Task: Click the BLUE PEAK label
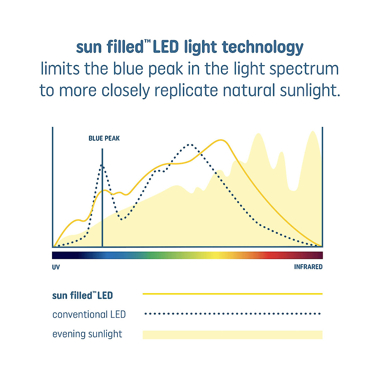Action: click(104, 138)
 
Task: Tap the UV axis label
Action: click(56, 267)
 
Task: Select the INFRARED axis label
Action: click(308, 267)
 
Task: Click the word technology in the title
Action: click(263, 47)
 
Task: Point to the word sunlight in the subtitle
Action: click(310, 90)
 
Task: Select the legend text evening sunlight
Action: click(87, 334)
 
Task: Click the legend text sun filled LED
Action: click(82, 295)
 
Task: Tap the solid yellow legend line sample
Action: click(232, 294)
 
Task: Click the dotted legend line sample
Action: click(232, 314)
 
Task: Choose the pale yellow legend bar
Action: click(232, 335)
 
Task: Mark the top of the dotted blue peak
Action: click(102, 165)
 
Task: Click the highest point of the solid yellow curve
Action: click(221, 140)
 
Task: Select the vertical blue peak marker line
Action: click(102, 198)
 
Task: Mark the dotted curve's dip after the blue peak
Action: click(121, 219)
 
